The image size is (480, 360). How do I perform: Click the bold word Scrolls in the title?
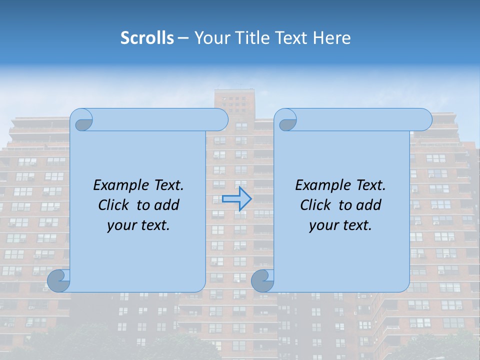147,38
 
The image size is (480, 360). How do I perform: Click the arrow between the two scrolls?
236,199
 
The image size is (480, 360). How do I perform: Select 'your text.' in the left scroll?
138,225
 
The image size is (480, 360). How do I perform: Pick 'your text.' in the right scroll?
340,225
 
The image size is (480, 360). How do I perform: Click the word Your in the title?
211,38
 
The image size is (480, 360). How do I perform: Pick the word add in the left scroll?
167,205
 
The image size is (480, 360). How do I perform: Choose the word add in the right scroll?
369,205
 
